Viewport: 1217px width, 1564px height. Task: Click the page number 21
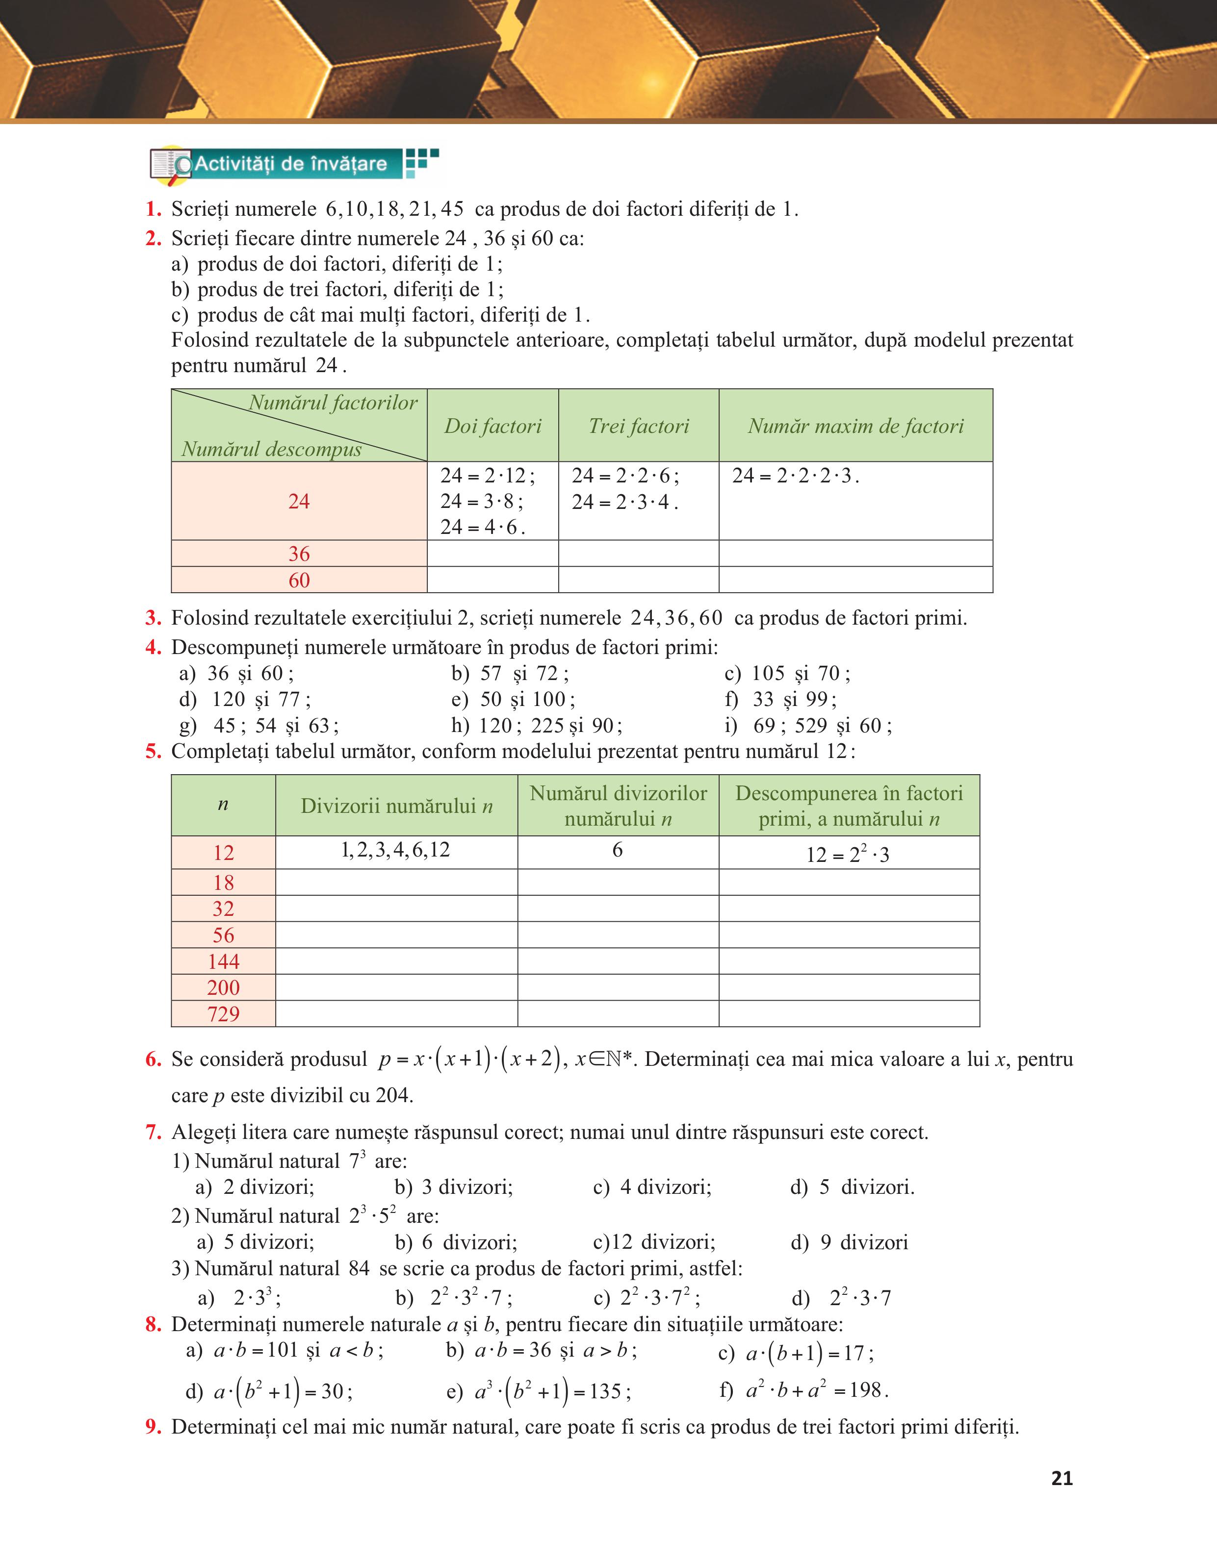point(1062,1478)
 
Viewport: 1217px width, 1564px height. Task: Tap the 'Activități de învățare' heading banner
point(290,164)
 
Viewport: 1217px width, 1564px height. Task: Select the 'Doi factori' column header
point(493,426)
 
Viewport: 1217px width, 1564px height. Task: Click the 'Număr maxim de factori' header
point(855,426)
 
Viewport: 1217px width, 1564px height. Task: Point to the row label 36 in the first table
point(299,554)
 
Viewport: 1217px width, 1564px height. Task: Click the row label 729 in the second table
point(224,1014)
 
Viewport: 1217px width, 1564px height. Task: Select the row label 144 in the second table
point(224,961)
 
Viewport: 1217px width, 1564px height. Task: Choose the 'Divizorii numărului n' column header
point(396,806)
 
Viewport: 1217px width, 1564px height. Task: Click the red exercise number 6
point(153,1059)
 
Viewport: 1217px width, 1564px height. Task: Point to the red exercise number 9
point(153,1427)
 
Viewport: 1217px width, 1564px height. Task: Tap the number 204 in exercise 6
point(393,1095)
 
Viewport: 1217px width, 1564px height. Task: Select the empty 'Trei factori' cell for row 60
point(638,580)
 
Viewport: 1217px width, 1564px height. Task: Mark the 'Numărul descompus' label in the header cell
point(271,449)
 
